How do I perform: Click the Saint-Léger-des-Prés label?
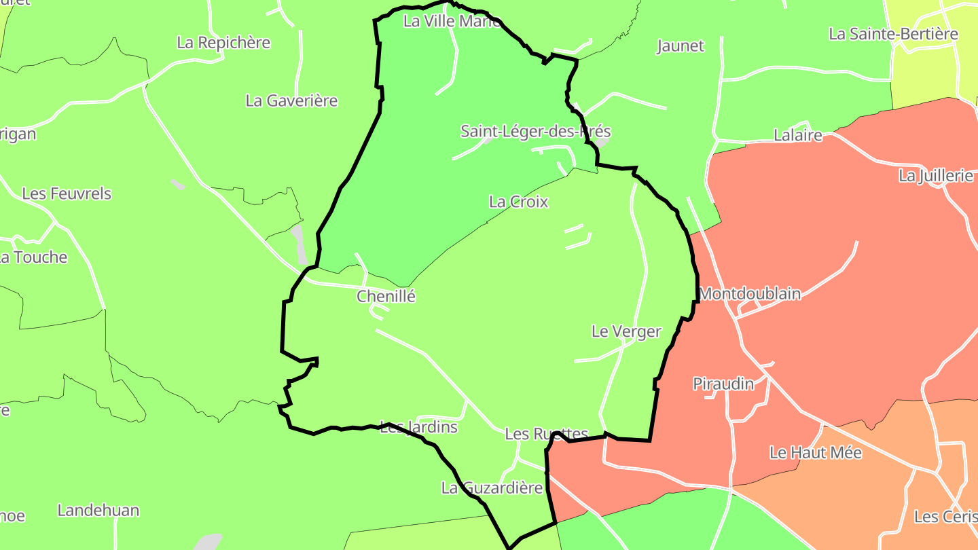[x=535, y=131]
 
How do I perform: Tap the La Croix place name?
[x=518, y=202]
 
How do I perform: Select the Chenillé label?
[x=386, y=296]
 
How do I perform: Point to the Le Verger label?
[x=626, y=331]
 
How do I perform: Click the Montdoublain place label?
[x=750, y=294]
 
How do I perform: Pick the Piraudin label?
[x=723, y=384]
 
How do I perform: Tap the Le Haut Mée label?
[x=815, y=452]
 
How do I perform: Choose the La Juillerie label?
[x=936, y=176]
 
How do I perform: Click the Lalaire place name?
[x=798, y=135]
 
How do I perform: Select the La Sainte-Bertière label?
[x=893, y=34]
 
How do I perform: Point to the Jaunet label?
[x=681, y=46]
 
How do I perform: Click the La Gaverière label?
[x=291, y=100]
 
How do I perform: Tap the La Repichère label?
[x=223, y=42]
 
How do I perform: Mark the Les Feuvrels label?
[x=67, y=194]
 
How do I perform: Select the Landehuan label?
[x=98, y=510]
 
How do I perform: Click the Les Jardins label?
[x=419, y=427]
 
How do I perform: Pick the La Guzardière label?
[x=492, y=488]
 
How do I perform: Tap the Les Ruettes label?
[x=546, y=434]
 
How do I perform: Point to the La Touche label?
[x=34, y=257]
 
